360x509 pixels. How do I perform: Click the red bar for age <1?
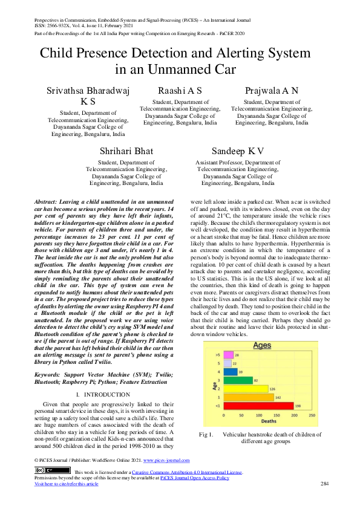259,406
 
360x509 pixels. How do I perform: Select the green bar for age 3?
238,380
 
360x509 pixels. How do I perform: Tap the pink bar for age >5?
228,355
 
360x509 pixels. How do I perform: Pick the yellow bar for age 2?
246,389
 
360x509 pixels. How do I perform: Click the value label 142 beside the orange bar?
278,397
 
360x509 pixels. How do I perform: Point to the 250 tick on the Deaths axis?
312,416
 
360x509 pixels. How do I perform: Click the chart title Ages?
262,346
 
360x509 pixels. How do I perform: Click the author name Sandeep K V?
238,151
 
